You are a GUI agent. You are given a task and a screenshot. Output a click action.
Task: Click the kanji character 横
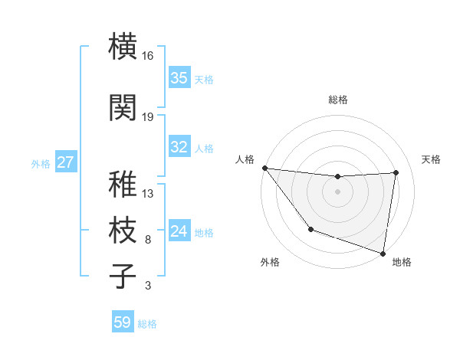[x=123, y=45]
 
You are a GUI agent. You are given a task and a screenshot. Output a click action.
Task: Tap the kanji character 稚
[x=123, y=183]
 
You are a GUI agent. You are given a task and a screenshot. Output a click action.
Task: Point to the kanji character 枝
[x=123, y=230]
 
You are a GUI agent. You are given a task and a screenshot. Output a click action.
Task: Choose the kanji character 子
[x=123, y=276]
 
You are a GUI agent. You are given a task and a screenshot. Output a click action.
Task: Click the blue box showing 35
[x=179, y=78]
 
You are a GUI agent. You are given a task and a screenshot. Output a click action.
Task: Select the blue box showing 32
[x=179, y=147]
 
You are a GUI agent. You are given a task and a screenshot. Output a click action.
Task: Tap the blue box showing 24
[x=179, y=231]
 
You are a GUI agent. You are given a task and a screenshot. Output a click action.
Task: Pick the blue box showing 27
[x=66, y=162]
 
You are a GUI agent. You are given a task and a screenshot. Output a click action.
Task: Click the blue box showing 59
[x=122, y=322]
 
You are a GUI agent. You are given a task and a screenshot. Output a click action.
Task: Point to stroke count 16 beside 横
[x=148, y=56]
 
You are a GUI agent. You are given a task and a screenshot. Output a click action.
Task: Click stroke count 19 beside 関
[x=148, y=117]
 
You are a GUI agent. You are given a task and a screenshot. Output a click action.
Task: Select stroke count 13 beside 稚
[x=148, y=193]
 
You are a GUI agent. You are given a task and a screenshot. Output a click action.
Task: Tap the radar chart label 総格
[x=338, y=100]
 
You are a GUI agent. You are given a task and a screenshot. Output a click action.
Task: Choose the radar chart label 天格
[x=432, y=159]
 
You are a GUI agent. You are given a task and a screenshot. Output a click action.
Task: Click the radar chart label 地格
[x=402, y=262]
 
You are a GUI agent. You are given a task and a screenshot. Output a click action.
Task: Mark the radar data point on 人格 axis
[x=264, y=168]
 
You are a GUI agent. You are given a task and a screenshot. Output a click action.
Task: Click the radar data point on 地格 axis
[x=383, y=253]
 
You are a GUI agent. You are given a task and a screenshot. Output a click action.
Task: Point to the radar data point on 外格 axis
[x=310, y=229]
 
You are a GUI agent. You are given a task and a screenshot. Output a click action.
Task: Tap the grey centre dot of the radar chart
[x=338, y=191]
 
